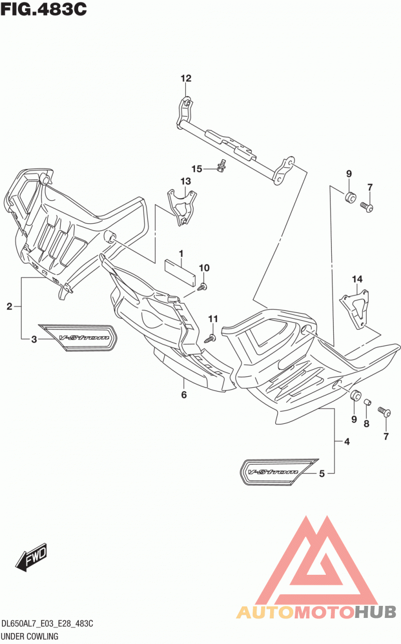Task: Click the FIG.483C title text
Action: click(x=44, y=10)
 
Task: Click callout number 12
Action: click(x=186, y=78)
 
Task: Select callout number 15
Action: click(x=197, y=169)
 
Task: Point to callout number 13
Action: click(x=185, y=182)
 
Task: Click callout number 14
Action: click(x=357, y=279)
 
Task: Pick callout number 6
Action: click(x=184, y=395)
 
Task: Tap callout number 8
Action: click(x=366, y=423)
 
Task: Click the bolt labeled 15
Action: click(x=222, y=166)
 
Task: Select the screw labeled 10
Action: click(x=202, y=286)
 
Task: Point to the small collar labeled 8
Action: click(x=367, y=402)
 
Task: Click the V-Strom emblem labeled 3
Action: click(x=78, y=338)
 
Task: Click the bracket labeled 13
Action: click(x=182, y=207)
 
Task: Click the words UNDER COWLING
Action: click(x=30, y=636)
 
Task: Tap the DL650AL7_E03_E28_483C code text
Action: click(x=47, y=623)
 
